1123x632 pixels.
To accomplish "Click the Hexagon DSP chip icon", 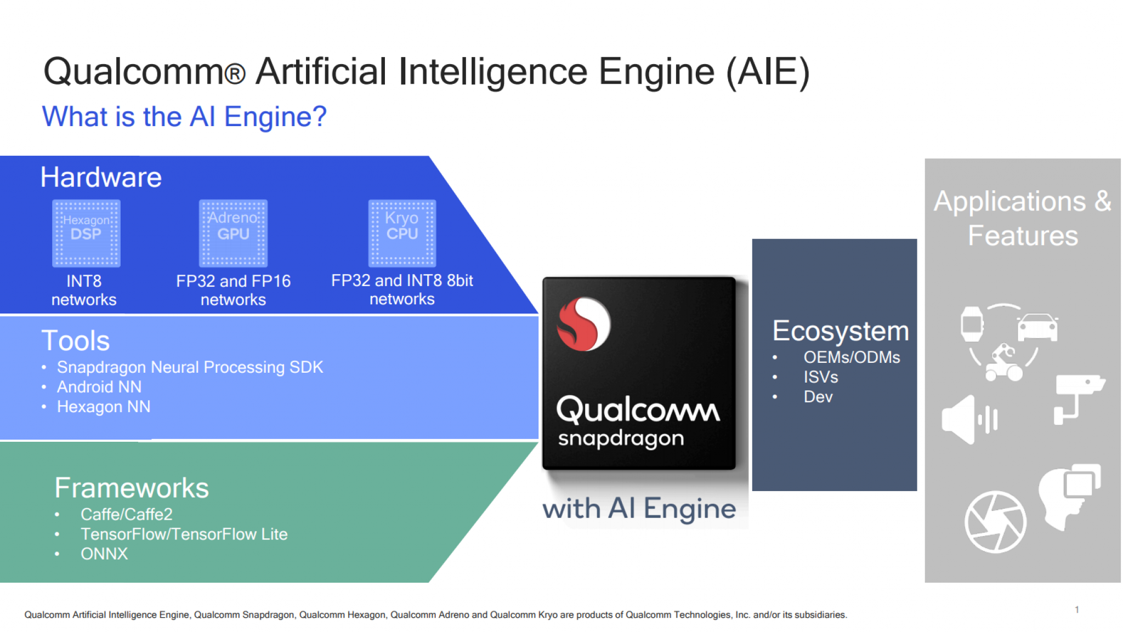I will click(86, 234).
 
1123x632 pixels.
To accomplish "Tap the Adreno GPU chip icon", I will click(233, 234).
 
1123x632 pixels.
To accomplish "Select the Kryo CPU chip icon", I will click(402, 234).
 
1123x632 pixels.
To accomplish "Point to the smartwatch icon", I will click(972, 324).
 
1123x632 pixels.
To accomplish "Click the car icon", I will click(1037, 327).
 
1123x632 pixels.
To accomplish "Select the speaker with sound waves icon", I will click(969, 419).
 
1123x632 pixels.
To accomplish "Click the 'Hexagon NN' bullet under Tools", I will click(104, 407).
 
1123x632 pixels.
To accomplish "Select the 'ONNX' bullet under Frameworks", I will click(104, 554).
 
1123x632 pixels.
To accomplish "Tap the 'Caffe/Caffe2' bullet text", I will click(126, 514).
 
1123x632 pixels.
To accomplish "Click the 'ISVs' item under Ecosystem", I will click(821, 377).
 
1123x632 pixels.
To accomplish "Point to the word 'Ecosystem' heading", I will click(840, 331).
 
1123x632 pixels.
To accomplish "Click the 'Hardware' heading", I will click(101, 177).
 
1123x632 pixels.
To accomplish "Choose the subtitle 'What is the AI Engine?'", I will click(184, 117).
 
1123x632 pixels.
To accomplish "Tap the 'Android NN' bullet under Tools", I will click(99, 387).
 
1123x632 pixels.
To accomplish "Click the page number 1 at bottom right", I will click(1077, 610).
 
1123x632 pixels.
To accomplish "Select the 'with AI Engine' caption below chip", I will click(639, 509).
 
